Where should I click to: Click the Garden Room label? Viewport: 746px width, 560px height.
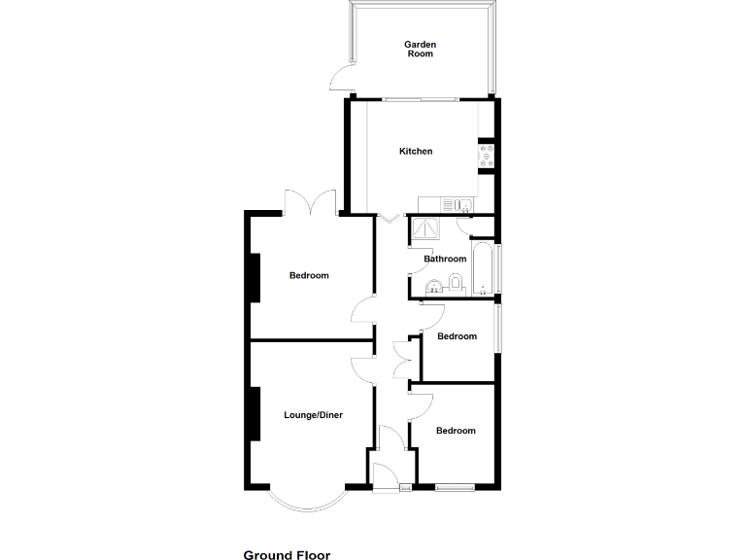pos(420,49)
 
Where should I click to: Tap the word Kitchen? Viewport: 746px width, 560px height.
pos(416,152)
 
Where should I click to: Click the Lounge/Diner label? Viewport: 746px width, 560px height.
pos(313,415)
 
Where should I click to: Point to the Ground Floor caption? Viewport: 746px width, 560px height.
pos(287,555)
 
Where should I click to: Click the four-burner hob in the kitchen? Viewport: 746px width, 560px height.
pos(486,155)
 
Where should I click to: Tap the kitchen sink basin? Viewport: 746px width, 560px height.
pos(465,204)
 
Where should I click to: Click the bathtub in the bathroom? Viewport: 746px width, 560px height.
pos(482,269)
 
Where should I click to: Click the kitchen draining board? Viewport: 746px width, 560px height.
pos(448,204)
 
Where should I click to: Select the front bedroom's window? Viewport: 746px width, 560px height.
pos(454,486)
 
